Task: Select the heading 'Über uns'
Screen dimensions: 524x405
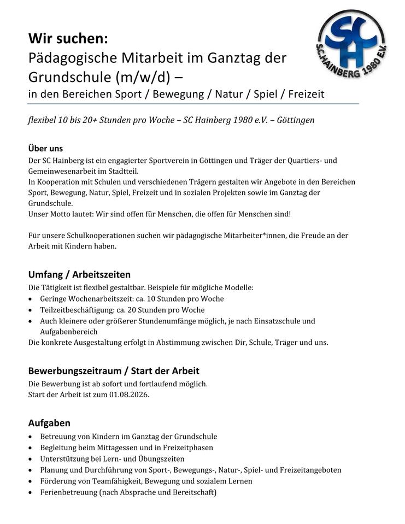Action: [45, 148]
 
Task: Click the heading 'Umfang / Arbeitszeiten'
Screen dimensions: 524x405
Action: [79, 274]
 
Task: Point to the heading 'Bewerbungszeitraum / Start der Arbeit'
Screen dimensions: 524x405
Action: [114, 371]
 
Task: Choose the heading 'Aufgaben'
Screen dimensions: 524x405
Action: [49, 423]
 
